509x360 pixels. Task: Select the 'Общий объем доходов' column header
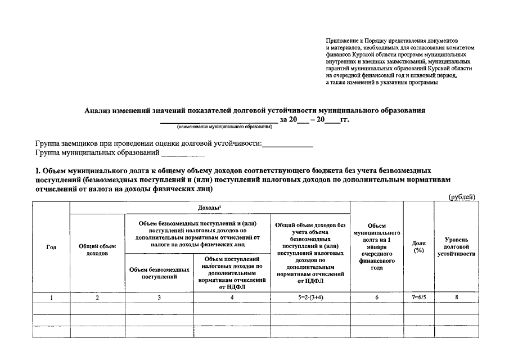pyautogui.click(x=97, y=250)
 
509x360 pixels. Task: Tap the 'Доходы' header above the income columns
pyautogui.click(x=209, y=208)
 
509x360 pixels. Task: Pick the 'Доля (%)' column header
pyautogui.click(x=418, y=246)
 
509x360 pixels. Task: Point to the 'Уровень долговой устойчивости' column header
pyautogui.click(x=456, y=246)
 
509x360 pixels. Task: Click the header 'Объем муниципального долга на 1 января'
pyautogui.click(x=376, y=246)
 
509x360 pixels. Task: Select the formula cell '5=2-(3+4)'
pyautogui.click(x=309, y=298)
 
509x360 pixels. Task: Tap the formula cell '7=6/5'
pyautogui.click(x=418, y=298)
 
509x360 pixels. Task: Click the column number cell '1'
pyautogui.click(x=51, y=298)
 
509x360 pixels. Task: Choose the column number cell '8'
pyautogui.click(x=456, y=298)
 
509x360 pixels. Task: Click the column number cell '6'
pyautogui.click(x=376, y=298)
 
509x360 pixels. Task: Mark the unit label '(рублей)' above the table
pyautogui.click(x=462, y=197)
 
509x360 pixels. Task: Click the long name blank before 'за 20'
pyautogui.click(x=218, y=120)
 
